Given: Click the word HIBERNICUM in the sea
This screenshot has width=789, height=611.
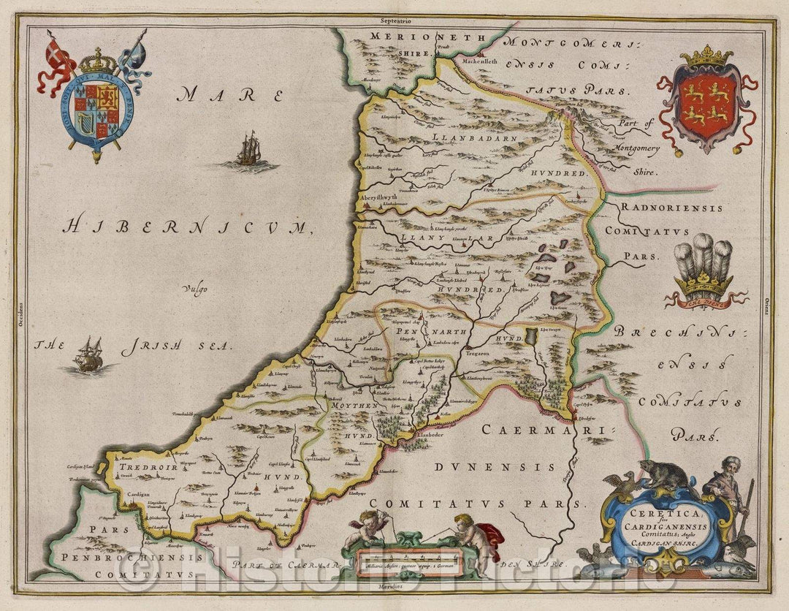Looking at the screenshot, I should point(187,227).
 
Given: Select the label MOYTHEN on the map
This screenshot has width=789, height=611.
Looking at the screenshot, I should point(354,405).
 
